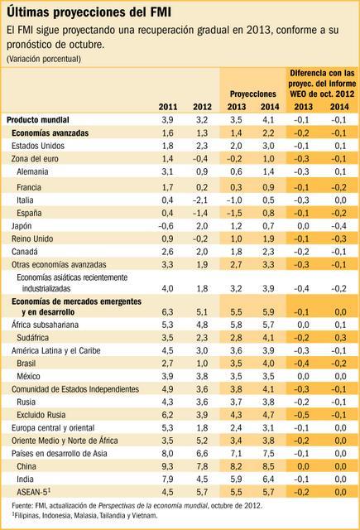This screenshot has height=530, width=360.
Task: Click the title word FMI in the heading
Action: [161, 12]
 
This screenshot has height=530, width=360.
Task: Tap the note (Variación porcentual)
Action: [44, 59]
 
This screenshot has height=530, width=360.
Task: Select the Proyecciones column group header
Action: [253, 94]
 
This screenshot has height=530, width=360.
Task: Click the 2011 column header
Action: [168, 107]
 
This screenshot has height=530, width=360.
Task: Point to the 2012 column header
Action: [202, 107]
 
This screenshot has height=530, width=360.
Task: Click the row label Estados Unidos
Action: [38, 146]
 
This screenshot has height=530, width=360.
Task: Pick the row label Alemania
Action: [32, 171]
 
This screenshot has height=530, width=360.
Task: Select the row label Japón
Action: [22, 226]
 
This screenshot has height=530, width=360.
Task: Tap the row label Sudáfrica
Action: [33, 338]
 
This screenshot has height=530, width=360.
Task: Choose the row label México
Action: [28, 376]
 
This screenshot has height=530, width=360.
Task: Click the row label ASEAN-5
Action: [30, 491]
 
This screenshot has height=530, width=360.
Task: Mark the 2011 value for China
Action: [167, 466]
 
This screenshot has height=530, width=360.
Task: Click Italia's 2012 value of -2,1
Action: [202, 200]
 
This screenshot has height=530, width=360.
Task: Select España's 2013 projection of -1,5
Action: [234, 214]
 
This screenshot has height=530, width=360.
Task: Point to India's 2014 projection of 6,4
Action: [268, 479]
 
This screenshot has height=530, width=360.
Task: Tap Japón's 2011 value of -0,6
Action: [166, 226]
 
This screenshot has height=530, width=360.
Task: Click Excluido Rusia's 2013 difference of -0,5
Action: [301, 415]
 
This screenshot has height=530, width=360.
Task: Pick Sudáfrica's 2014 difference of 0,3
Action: [340, 338]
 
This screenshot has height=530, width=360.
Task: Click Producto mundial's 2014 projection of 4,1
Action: [268, 120]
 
